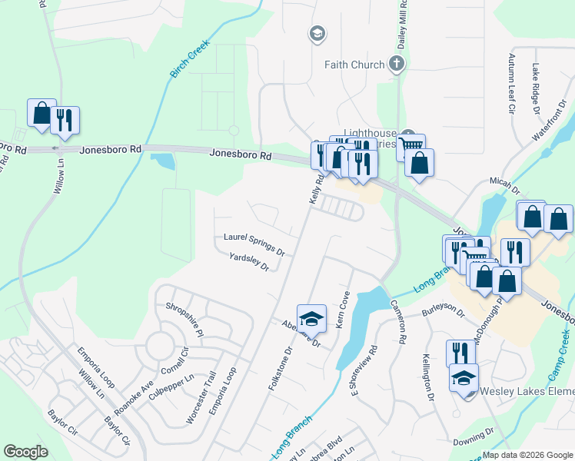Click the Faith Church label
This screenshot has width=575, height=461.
click(354, 65)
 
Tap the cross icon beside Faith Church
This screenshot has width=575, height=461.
click(397, 64)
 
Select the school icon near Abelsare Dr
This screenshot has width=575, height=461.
click(311, 318)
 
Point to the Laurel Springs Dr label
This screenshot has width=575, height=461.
click(254, 244)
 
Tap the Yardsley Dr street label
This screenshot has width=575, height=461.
click(249, 263)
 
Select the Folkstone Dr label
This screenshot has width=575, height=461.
click(281, 370)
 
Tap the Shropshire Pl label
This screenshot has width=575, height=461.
click(184, 320)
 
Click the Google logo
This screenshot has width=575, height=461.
click(26, 452)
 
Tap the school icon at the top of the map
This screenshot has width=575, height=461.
click(317, 34)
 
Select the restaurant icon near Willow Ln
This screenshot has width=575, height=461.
click(65, 120)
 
